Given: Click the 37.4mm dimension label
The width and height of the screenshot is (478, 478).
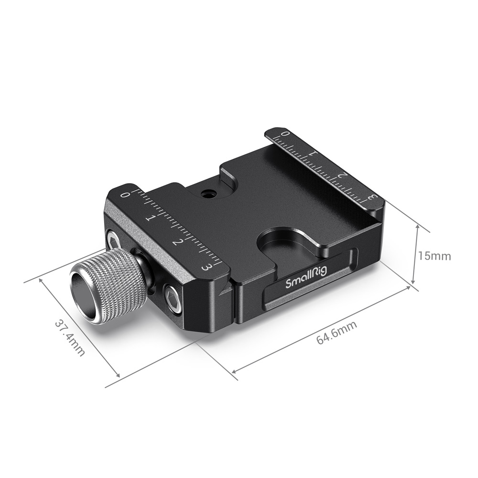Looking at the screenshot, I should (x=70, y=337).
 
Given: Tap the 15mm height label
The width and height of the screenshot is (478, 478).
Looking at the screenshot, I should (x=434, y=256).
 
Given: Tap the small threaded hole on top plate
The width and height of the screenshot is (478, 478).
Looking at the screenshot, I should (x=207, y=194).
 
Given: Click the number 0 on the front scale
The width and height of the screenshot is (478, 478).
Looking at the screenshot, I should (x=126, y=195).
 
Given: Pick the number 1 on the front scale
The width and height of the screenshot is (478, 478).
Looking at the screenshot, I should (x=149, y=218).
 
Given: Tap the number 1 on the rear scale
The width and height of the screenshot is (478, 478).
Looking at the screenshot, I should (x=313, y=154).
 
